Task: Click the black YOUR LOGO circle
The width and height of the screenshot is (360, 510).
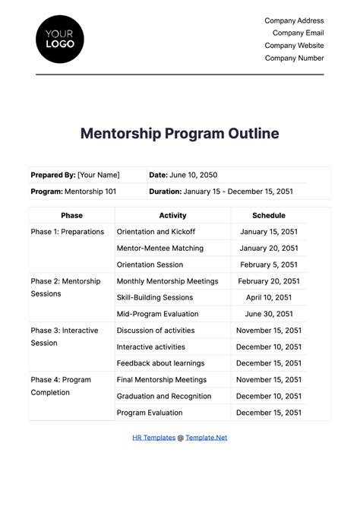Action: pos(60,38)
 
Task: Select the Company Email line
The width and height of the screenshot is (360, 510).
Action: pos(294,33)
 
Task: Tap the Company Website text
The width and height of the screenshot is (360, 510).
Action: pos(294,46)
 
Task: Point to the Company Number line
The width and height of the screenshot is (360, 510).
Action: pos(294,58)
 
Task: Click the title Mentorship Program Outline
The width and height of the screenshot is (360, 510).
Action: pos(180,134)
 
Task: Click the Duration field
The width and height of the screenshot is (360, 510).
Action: pos(226,192)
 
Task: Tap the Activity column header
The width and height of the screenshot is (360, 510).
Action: pos(172,215)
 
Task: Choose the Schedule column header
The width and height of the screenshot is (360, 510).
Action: pos(270,215)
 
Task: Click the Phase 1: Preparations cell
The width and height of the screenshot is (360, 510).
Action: pos(68,232)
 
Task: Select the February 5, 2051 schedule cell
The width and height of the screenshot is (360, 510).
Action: pos(270,265)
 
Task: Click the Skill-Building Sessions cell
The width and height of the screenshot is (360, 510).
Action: pos(154,298)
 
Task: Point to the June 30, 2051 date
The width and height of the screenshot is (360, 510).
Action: pos(270,314)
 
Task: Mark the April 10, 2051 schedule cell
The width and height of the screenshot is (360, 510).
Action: pos(270,298)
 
